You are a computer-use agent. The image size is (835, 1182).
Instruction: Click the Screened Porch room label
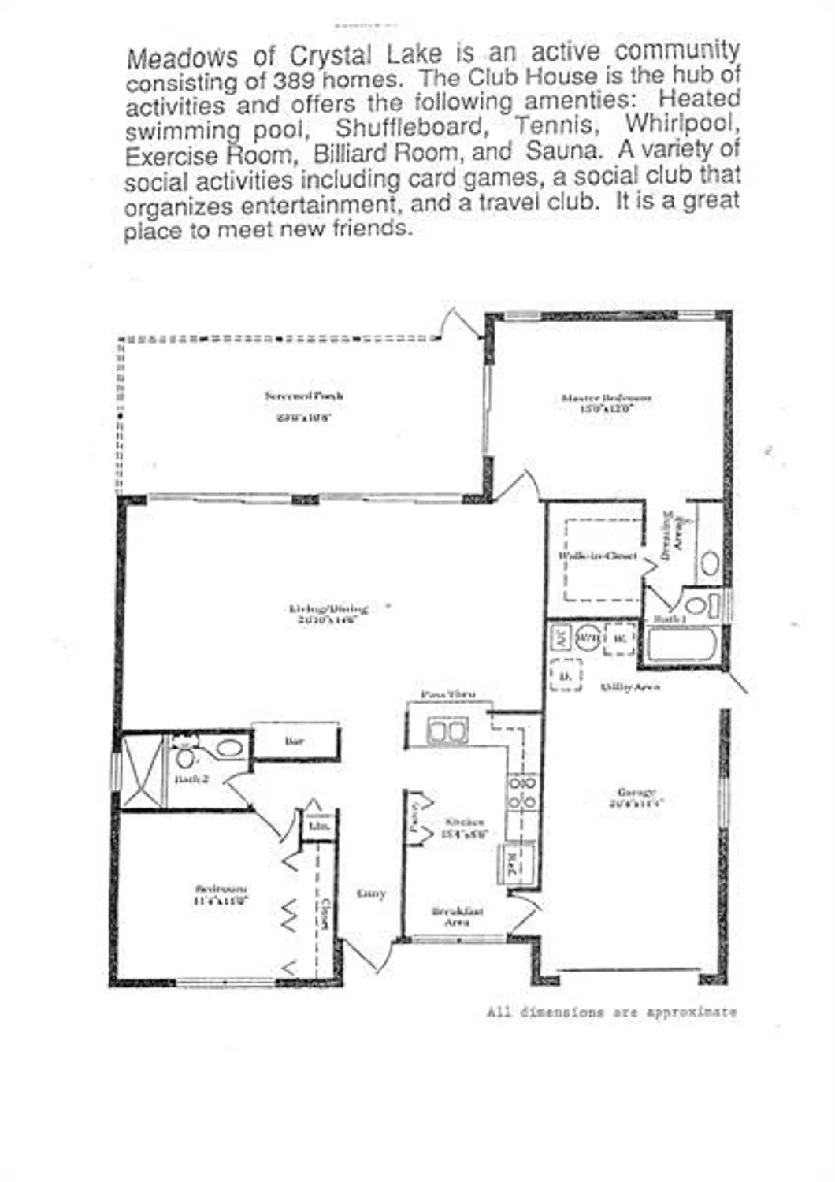pyautogui.click(x=303, y=396)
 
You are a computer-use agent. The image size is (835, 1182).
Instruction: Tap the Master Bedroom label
pyautogui.click(x=606, y=398)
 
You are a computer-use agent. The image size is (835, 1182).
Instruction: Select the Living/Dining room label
pyautogui.click(x=328, y=608)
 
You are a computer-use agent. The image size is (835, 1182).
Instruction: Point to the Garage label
pyautogui.click(x=636, y=792)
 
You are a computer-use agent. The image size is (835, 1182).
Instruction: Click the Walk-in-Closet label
pyautogui.click(x=598, y=556)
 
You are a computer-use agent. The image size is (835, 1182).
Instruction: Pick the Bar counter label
pyautogui.click(x=294, y=741)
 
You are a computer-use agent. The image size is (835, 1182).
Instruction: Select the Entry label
pyautogui.click(x=371, y=894)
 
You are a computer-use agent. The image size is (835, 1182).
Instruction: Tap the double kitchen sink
pyautogui.click(x=447, y=730)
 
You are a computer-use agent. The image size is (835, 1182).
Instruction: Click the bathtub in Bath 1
pyautogui.click(x=682, y=647)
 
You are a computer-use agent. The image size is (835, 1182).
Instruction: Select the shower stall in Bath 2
pyautogui.click(x=143, y=772)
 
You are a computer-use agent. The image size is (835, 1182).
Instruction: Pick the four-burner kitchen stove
pyautogui.click(x=521, y=792)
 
